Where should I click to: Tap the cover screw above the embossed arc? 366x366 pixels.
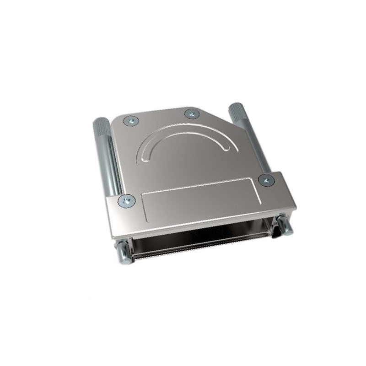pyautogui.click(x=191, y=113)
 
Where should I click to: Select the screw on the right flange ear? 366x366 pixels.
pyautogui.click(x=266, y=179)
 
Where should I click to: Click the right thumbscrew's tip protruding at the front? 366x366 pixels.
pyautogui.click(x=284, y=226)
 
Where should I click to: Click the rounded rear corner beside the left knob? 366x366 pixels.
pyautogui.click(x=117, y=120)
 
